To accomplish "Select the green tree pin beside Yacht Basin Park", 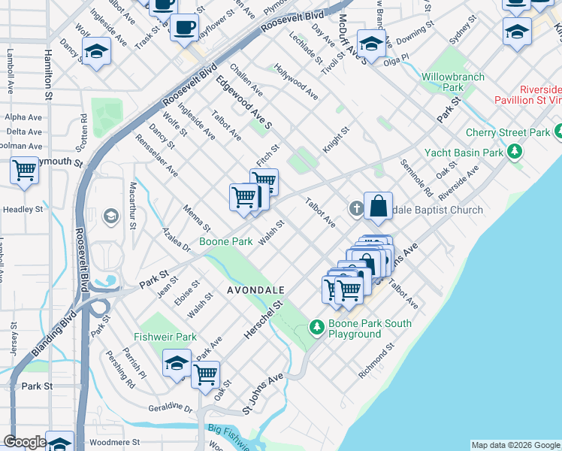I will tap(515, 153).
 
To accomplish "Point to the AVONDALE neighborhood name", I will tap(256, 289).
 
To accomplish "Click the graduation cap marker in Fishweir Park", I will tap(177, 364).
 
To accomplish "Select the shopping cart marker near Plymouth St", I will tap(25, 171).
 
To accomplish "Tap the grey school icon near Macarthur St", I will tap(111, 217).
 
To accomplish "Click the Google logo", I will tap(25, 442).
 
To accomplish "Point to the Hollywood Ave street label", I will tap(296, 82).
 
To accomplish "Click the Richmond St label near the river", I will tap(376, 361).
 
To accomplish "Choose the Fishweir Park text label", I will tap(165, 337).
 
